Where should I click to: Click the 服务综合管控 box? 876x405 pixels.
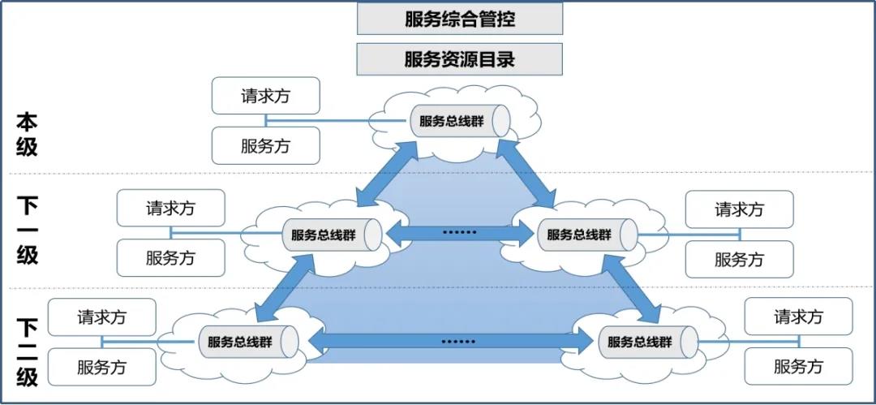(x=459, y=19)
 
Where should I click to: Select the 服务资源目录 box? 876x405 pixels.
(x=459, y=59)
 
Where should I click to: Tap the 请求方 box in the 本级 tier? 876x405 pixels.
(x=265, y=96)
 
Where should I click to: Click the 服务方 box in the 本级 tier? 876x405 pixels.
(x=265, y=146)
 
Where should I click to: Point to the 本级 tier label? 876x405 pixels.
(x=27, y=135)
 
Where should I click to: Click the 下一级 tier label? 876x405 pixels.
(x=27, y=231)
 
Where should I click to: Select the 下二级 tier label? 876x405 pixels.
(x=27, y=352)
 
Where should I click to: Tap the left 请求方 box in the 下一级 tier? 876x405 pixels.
(x=170, y=209)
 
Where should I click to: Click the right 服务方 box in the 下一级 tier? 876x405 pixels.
(x=739, y=260)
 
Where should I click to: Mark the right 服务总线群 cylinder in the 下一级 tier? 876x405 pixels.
(x=586, y=235)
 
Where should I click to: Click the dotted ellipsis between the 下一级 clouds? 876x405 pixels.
(x=459, y=233)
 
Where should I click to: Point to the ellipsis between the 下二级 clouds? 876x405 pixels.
(x=459, y=341)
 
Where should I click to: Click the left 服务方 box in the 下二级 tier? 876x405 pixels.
(x=101, y=367)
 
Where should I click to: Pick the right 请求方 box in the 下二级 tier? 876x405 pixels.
(x=798, y=317)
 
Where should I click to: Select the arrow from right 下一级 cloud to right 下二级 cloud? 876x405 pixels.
(x=638, y=288)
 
